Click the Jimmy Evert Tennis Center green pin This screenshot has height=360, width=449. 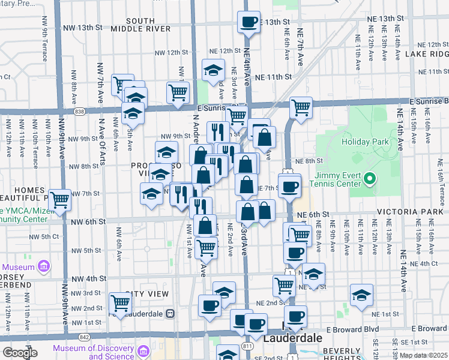(x=370, y=178)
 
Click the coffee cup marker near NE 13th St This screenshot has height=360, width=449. (x=249, y=22)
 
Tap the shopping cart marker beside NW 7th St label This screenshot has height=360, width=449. (x=59, y=199)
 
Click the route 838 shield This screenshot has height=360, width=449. (x=80, y=112)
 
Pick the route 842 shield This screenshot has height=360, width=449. (x=78, y=337)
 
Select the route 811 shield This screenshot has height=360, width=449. (x=247, y=346)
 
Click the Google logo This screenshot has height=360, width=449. (x=20, y=353)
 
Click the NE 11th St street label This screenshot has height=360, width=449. (x=273, y=77)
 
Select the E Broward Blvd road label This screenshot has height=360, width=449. (x=349, y=329)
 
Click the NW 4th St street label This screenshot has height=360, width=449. (x=88, y=279)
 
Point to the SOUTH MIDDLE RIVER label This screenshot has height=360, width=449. (x=142, y=25)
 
